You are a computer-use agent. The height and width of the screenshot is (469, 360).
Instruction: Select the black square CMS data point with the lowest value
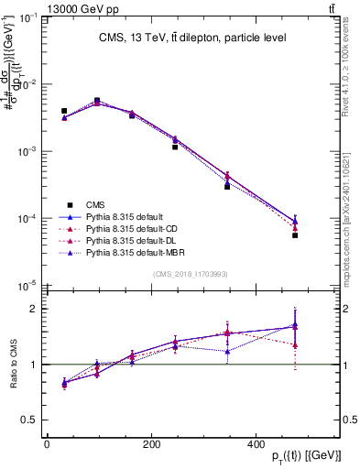point(295,235)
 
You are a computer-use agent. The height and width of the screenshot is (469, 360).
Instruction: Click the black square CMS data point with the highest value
point(97,101)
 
